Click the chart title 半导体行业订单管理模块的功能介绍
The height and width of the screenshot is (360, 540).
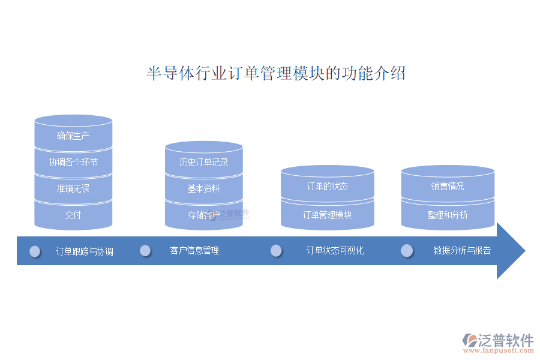[x=276, y=74]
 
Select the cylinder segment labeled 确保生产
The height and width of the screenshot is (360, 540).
[x=73, y=136]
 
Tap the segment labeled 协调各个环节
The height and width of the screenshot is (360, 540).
[x=73, y=162]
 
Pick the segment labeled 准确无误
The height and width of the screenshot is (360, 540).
[x=73, y=188]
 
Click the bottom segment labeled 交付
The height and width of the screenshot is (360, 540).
[x=73, y=215]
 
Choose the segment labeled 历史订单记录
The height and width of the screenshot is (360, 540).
[x=203, y=162]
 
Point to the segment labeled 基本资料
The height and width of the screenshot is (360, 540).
[x=203, y=188]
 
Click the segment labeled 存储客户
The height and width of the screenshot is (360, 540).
[x=203, y=215]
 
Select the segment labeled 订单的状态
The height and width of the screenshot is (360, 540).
[x=327, y=186]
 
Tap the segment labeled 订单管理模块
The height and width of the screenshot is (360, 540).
[x=327, y=215]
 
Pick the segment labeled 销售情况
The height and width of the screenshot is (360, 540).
[x=448, y=186]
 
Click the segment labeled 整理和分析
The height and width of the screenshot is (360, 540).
[x=448, y=215]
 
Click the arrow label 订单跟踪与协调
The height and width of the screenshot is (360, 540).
[x=85, y=251]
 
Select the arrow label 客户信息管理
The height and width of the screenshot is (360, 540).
[x=194, y=250]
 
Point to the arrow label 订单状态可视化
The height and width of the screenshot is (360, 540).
[x=335, y=250]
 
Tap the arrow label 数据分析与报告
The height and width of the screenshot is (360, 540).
[x=462, y=250]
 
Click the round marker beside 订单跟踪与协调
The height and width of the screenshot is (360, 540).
[x=35, y=251]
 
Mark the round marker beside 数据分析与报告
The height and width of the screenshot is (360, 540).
[x=407, y=250]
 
